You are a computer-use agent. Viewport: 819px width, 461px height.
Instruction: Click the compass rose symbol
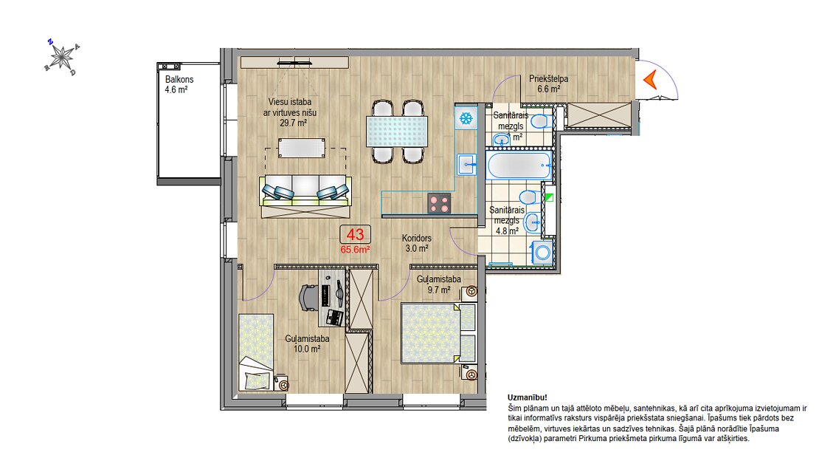click(x=62, y=56)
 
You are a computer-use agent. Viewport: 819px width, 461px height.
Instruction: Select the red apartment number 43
click(x=355, y=234)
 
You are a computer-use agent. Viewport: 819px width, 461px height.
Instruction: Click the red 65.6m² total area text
click(x=355, y=250)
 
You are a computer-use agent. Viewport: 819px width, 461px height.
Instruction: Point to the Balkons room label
click(x=179, y=80)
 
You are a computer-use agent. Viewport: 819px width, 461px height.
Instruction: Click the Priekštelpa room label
click(x=548, y=78)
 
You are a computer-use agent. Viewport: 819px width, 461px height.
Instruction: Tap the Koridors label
click(x=417, y=238)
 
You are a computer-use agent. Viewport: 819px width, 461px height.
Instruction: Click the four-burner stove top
click(x=439, y=203)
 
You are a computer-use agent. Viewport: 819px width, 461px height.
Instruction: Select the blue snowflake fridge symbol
click(x=466, y=117)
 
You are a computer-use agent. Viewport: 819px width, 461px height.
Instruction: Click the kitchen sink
click(x=466, y=164)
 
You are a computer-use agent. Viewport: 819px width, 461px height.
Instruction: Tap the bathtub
click(x=519, y=165)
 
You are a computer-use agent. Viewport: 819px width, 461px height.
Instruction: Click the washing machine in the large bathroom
click(x=543, y=253)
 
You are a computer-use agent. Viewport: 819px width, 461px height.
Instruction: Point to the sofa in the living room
click(x=306, y=197)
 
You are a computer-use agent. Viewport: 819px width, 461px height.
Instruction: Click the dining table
click(x=397, y=132)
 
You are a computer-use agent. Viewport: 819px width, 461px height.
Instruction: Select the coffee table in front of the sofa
click(x=302, y=148)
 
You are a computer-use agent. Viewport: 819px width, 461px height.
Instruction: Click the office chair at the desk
click(x=308, y=298)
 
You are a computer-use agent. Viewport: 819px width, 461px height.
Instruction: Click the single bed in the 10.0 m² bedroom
click(x=256, y=352)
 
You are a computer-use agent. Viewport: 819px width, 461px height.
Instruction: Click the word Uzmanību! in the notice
click(x=527, y=397)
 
